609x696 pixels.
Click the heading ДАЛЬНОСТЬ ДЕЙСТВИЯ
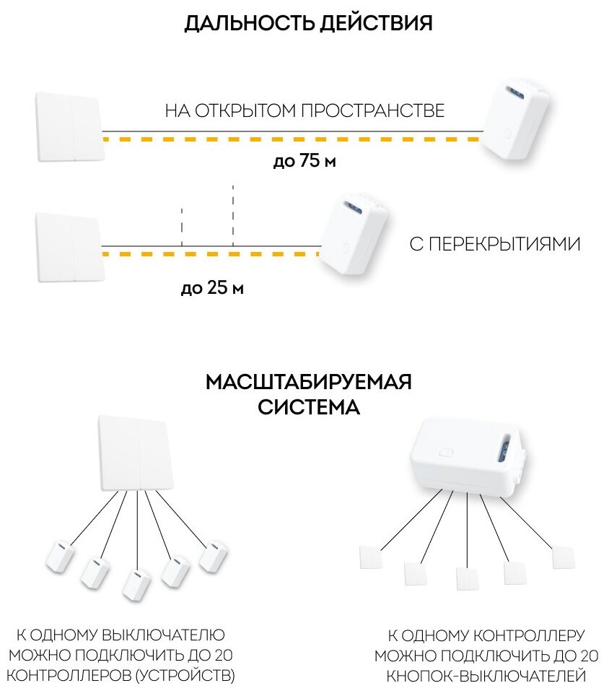(x=308, y=23)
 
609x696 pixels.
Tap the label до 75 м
(x=304, y=162)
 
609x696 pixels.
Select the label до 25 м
(x=212, y=290)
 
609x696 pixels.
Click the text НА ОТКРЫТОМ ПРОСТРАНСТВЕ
(x=304, y=111)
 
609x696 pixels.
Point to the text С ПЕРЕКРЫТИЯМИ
(x=494, y=244)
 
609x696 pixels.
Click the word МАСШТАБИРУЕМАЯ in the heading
(x=308, y=382)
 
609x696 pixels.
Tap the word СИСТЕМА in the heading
(x=308, y=407)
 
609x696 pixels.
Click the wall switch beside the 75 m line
(x=69, y=127)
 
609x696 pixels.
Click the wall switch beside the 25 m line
(x=69, y=247)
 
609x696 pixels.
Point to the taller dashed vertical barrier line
(x=233, y=214)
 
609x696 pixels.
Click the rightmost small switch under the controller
(x=563, y=557)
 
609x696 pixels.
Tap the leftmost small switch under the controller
(x=370, y=557)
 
